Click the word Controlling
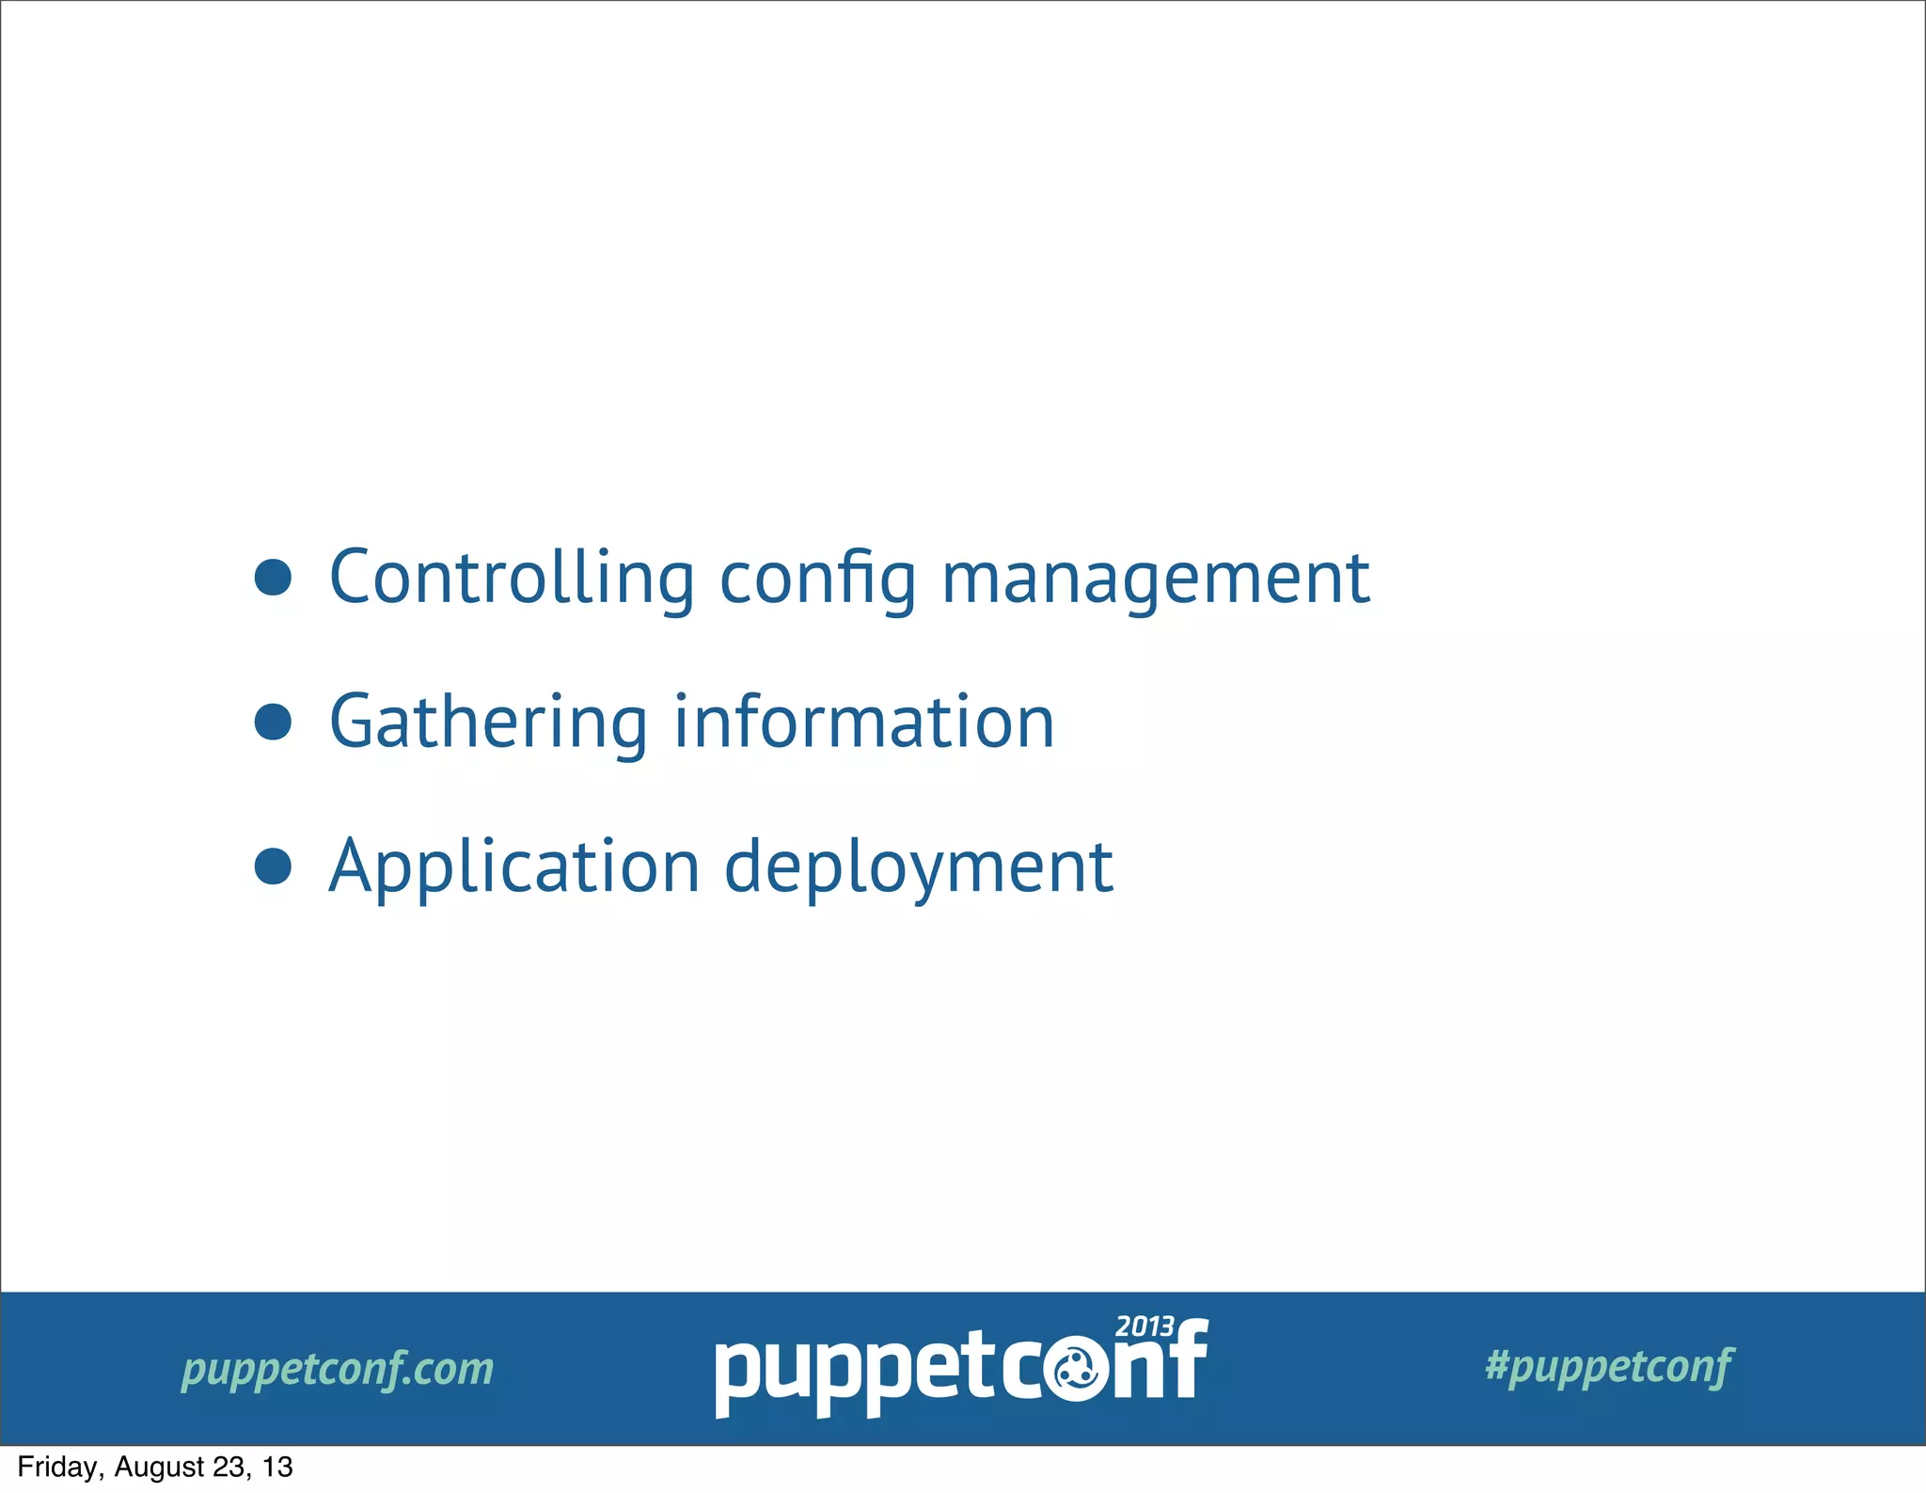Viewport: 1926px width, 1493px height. [x=512, y=577]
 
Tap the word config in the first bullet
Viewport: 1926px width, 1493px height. [x=817, y=580]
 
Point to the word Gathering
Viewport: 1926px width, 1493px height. [x=488, y=723]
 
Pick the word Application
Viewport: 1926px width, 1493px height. [x=514, y=867]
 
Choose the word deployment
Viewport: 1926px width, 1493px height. [x=918, y=867]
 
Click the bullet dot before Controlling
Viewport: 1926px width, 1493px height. [x=273, y=578]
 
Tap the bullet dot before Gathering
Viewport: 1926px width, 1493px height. [x=273, y=722]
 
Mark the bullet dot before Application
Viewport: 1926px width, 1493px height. [x=273, y=866]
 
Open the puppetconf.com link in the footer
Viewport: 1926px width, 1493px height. [x=338, y=1369]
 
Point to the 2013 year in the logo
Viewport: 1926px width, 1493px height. [x=1145, y=1326]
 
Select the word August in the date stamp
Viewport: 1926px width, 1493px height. [x=158, y=1468]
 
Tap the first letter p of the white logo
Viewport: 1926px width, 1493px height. [x=737, y=1378]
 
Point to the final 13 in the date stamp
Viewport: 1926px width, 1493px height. [x=278, y=1468]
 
